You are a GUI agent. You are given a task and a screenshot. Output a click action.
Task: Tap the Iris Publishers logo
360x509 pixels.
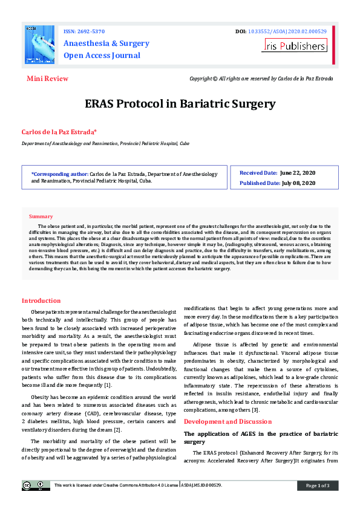(294, 45)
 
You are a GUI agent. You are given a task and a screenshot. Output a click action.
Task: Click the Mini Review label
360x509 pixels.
(47, 79)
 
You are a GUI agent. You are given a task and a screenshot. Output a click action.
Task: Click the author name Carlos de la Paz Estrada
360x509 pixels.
(59, 132)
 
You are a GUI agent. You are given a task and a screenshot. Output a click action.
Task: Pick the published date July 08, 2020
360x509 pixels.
(299, 183)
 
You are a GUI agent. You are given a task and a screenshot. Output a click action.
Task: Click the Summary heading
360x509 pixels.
(41, 216)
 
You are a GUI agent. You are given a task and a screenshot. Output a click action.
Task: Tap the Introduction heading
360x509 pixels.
(41, 300)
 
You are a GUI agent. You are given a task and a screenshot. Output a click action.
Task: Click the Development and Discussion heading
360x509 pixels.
(227, 421)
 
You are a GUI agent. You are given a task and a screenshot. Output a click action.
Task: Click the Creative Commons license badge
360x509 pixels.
(36, 485)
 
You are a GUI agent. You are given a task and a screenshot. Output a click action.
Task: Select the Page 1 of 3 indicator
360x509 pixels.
(318, 485)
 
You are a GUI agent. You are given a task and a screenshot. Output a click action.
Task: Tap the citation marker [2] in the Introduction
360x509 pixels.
(118, 429)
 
